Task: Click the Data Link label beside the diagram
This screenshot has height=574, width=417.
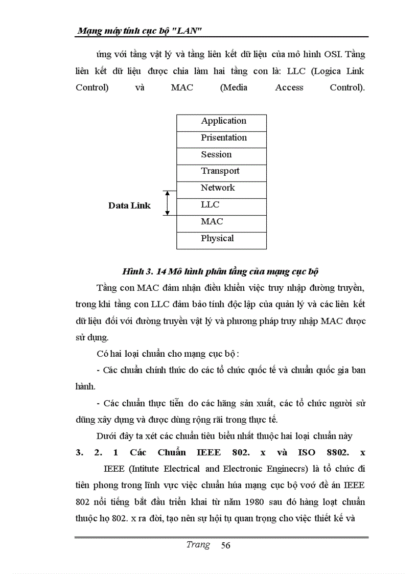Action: point(129,205)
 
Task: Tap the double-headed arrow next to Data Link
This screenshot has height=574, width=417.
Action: point(166,203)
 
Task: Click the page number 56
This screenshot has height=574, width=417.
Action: point(225,545)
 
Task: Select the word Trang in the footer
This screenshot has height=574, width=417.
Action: point(198,544)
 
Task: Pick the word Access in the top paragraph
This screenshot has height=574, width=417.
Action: point(289,87)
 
